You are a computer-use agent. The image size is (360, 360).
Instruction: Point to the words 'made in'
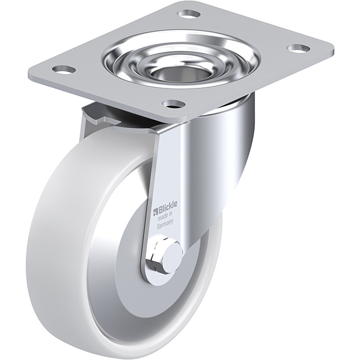tap(166, 216)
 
